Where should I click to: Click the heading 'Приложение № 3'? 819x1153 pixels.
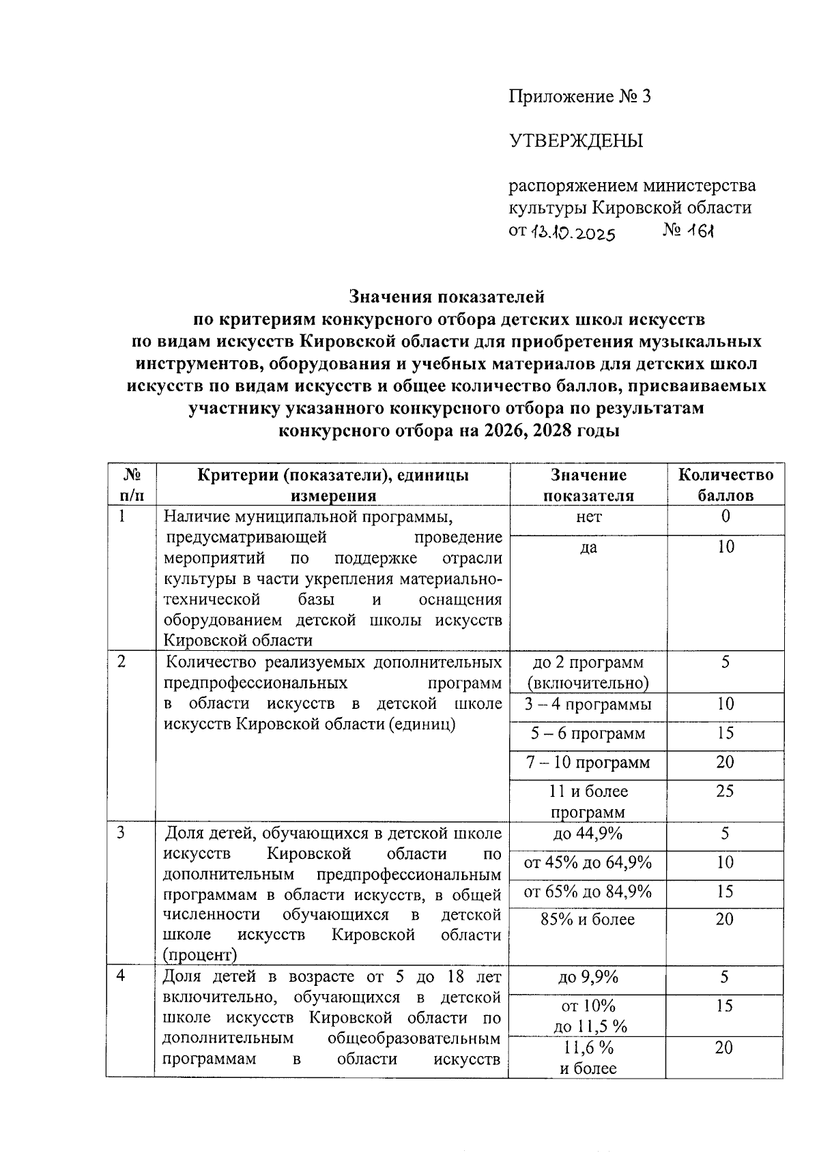[x=579, y=97]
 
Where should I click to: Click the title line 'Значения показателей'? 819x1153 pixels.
[x=446, y=297]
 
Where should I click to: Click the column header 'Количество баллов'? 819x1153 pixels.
[x=725, y=484]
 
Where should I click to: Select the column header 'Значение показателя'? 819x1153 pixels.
[x=588, y=484]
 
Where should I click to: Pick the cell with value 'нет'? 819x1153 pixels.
[x=588, y=517]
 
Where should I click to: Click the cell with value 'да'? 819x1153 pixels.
[x=588, y=546]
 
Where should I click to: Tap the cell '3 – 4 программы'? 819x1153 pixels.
[x=588, y=704]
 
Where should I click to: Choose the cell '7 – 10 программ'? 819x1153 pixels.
[x=588, y=762]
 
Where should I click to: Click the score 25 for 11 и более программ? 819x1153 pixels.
[x=725, y=791]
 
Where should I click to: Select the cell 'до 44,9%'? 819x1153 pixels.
[x=588, y=834]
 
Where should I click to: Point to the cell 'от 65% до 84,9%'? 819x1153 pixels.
[x=588, y=892]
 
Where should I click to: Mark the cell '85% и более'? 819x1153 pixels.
[x=588, y=920]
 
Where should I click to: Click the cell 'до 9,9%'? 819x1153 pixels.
[x=588, y=977]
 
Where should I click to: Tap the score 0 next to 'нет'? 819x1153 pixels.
[x=725, y=516]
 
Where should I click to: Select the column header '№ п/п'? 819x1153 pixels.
[x=131, y=484]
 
